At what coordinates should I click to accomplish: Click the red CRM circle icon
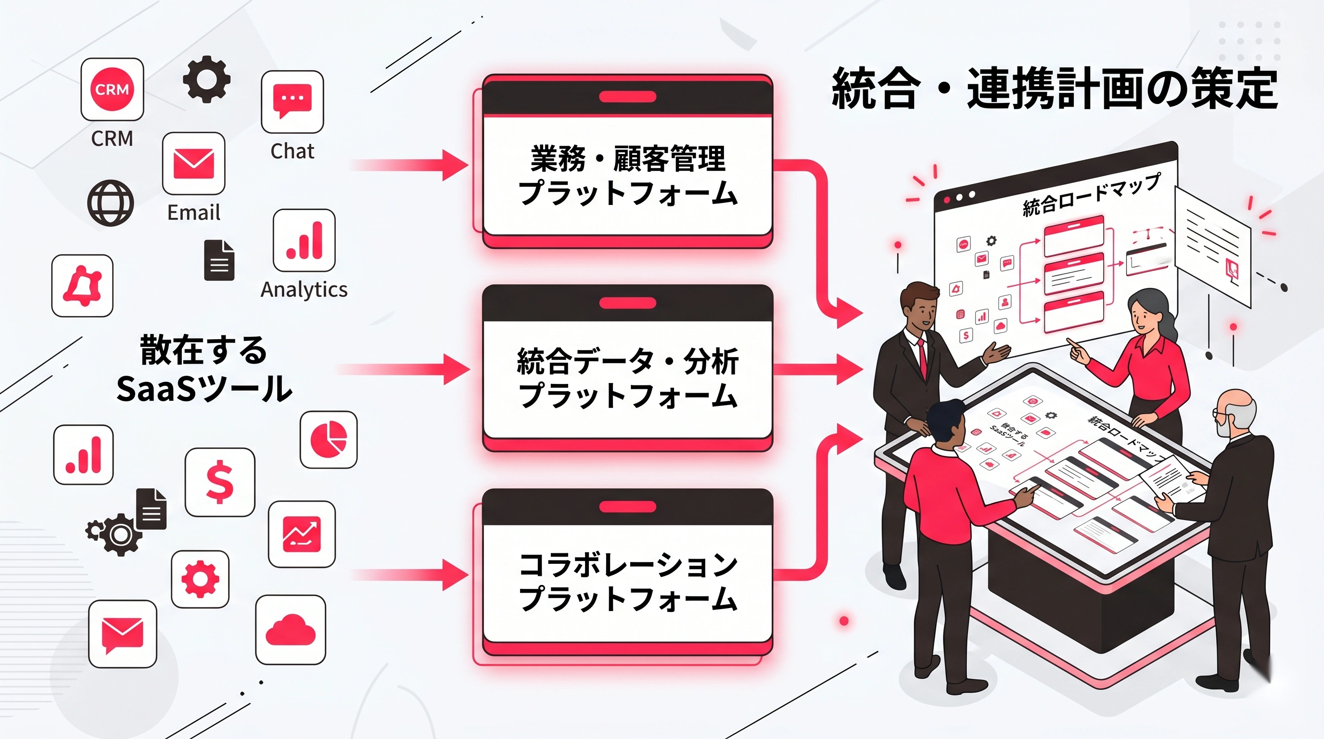point(112,89)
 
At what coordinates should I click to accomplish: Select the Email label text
point(194,213)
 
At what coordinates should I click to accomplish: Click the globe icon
point(111,203)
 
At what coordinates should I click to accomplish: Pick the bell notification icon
point(82,285)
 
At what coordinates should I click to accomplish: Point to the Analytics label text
point(304,290)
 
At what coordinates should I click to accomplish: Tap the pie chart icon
point(329,439)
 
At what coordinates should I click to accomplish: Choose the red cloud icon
point(291,630)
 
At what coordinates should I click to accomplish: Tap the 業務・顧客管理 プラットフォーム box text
point(627,175)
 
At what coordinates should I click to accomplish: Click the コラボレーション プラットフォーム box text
point(627,582)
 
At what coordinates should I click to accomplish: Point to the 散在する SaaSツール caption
point(204,369)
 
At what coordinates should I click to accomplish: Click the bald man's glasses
point(1219,413)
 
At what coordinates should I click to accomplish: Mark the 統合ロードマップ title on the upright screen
point(1091,195)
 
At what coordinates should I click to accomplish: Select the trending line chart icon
point(302,534)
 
